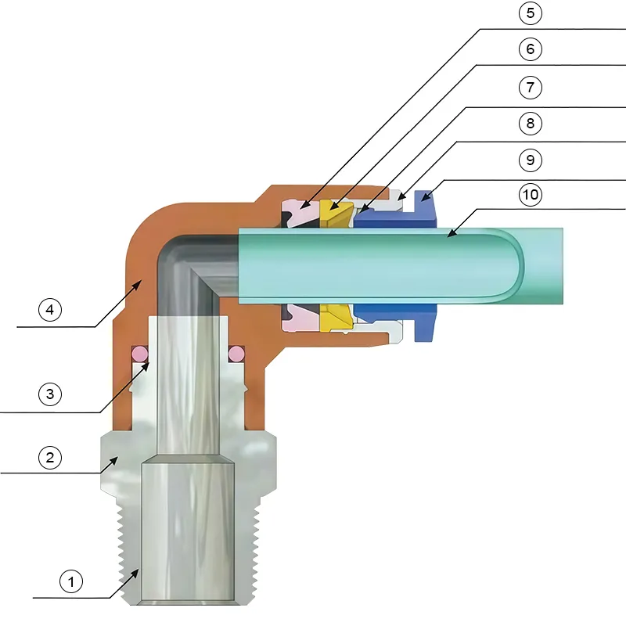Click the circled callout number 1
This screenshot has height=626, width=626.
(71, 581)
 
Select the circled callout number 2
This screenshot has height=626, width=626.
(49, 457)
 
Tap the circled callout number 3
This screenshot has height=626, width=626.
(49, 394)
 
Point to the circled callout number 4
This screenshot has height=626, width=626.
(49, 310)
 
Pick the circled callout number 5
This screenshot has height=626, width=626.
(530, 13)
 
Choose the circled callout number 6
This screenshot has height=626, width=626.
(530, 49)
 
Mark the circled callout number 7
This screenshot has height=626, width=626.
(530, 86)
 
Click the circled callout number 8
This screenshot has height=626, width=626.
(530, 123)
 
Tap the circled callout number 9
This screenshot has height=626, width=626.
(530, 160)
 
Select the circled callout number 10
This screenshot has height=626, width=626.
(530, 195)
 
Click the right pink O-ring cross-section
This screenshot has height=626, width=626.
(236, 352)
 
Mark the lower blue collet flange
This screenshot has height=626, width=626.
(424, 329)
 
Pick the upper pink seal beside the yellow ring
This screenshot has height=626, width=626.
(300, 213)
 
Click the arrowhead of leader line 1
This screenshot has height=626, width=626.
(138, 570)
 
